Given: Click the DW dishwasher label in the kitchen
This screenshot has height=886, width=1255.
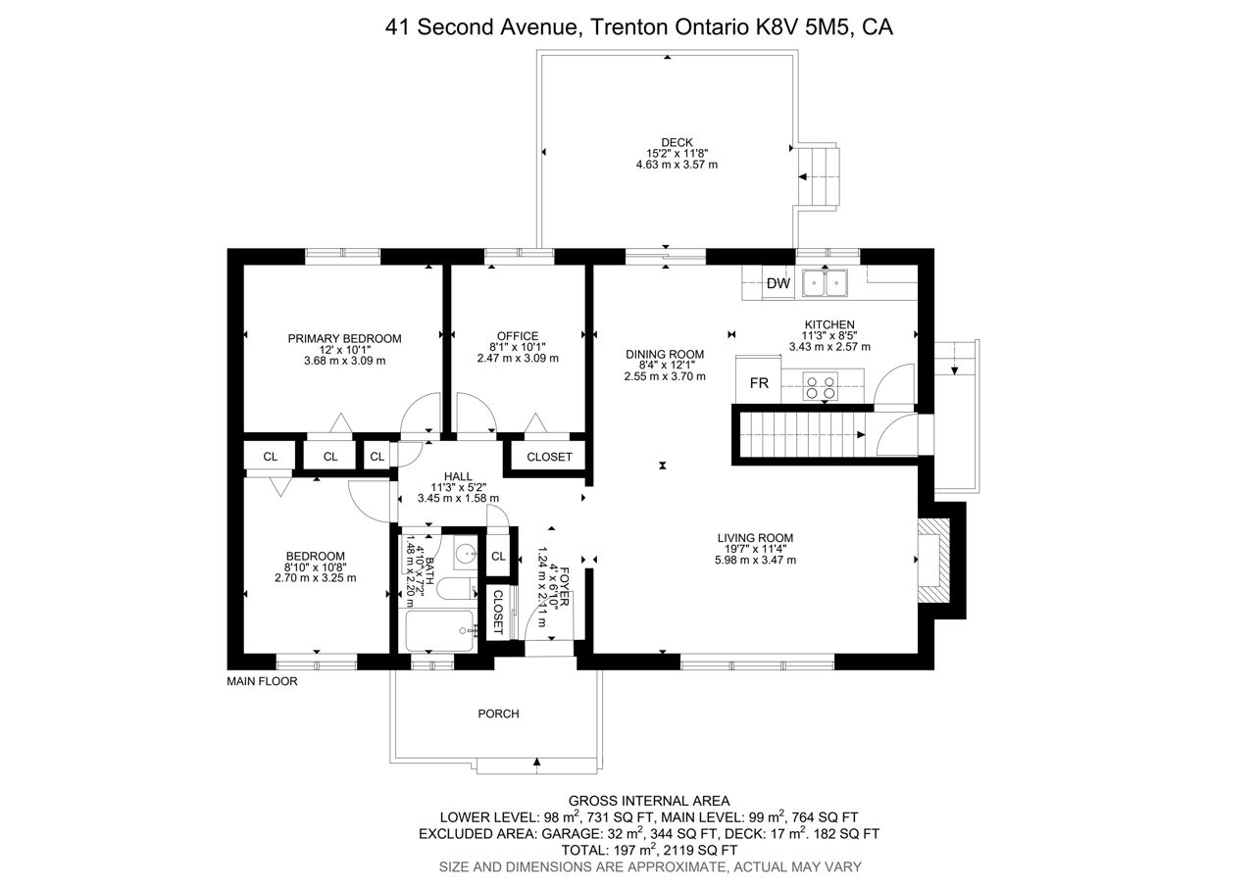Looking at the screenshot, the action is [778, 283].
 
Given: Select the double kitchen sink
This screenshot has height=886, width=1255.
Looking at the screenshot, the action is [825, 283].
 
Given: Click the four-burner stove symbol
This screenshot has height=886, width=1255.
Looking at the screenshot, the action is [821, 386].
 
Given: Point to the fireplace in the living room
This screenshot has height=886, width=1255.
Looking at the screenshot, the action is [933, 560].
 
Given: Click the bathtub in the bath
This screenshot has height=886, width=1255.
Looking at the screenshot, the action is [441, 631].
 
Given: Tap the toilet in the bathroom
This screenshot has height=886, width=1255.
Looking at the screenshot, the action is [456, 591].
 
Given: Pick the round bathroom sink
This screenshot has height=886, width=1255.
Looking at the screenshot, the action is [466, 555].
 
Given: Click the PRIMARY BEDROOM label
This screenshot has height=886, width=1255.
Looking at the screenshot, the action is [344, 339].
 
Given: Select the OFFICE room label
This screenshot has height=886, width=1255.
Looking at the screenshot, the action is [518, 336].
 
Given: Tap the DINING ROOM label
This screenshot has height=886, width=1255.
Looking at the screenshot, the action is [665, 355].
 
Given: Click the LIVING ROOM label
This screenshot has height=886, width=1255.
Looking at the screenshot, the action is [755, 538].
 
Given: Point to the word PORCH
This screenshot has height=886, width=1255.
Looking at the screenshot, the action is [499, 714].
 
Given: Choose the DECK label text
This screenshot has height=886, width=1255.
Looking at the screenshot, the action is [677, 143].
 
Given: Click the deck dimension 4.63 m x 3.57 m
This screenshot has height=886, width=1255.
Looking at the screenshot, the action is [677, 165].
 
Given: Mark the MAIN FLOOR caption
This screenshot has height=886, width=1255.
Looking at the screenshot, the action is [262, 681].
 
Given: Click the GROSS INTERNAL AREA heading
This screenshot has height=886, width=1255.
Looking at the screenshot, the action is [649, 801].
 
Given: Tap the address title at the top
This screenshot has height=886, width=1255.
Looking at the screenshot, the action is [638, 26].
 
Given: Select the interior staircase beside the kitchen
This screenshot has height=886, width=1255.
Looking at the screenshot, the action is [802, 435].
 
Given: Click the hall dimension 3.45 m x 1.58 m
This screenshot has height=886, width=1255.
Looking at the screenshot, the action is [458, 498].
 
